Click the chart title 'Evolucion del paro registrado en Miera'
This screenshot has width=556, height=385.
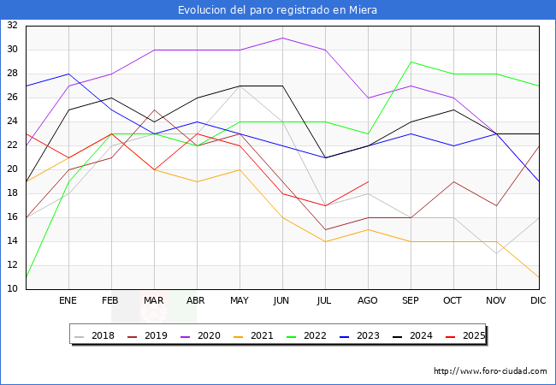[277, 10]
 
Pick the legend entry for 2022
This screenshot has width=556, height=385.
[312, 335]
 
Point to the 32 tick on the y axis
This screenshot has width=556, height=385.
[13, 26]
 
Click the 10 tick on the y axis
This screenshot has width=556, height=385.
[13, 289]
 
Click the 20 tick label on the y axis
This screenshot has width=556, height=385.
[13, 169]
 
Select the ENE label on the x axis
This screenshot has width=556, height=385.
[68, 301]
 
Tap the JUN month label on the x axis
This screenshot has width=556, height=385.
[282, 301]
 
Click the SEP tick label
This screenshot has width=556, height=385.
[411, 301]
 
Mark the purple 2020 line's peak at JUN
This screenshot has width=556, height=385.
[282, 38]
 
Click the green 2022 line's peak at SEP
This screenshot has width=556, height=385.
[411, 62]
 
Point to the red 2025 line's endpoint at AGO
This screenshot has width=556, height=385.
[368, 181]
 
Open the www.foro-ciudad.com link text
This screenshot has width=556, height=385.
[490, 371]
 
